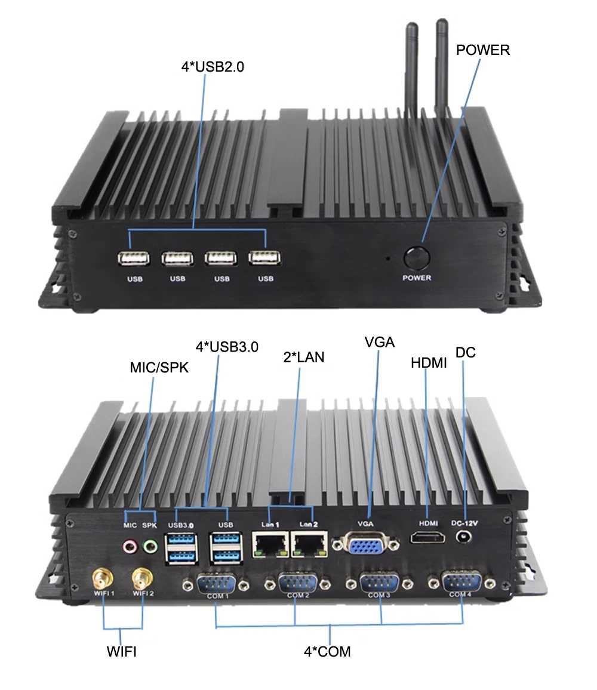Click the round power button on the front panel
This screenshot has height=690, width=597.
417,258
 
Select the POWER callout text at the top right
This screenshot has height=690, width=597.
483,50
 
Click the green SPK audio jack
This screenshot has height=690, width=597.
150,545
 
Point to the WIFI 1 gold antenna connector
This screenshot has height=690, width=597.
102,578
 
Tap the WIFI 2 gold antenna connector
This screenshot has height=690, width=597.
141,578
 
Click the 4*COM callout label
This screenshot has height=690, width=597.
327,651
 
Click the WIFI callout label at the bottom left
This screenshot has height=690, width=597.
122,652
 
